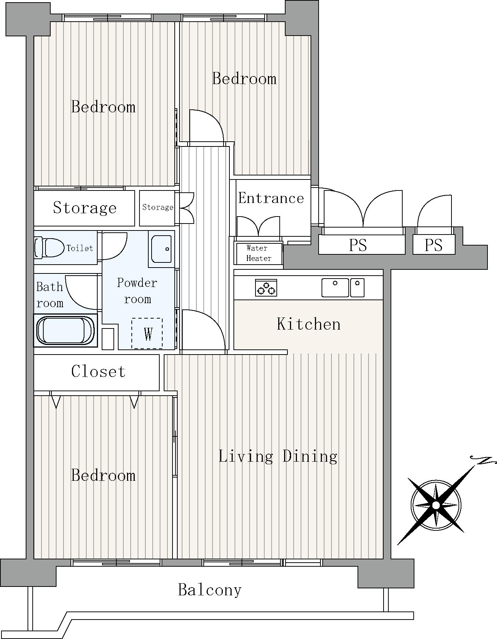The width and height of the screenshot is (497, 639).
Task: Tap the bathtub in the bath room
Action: click(x=66, y=330)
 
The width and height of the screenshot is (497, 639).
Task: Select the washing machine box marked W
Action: click(x=147, y=333)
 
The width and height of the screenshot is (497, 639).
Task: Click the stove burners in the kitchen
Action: click(x=266, y=287)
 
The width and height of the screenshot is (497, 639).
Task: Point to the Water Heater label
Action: click(x=258, y=253)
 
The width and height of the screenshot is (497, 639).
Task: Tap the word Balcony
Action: click(x=210, y=590)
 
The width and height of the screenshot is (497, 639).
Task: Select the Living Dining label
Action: click(x=278, y=456)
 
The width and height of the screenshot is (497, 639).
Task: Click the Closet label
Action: click(x=98, y=371)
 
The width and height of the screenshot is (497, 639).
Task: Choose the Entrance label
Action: click(x=271, y=198)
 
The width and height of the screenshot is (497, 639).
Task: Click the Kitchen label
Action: click(x=308, y=324)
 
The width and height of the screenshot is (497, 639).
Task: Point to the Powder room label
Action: click(x=137, y=291)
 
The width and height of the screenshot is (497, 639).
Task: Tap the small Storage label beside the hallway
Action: click(x=158, y=207)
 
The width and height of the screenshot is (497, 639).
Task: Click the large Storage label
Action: click(x=85, y=208)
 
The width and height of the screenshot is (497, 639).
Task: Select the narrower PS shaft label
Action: click(x=433, y=245)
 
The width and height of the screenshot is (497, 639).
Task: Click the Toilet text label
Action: click(x=80, y=248)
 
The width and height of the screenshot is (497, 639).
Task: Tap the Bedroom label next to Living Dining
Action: click(x=103, y=475)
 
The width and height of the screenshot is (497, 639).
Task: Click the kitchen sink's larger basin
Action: click(x=335, y=287)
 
